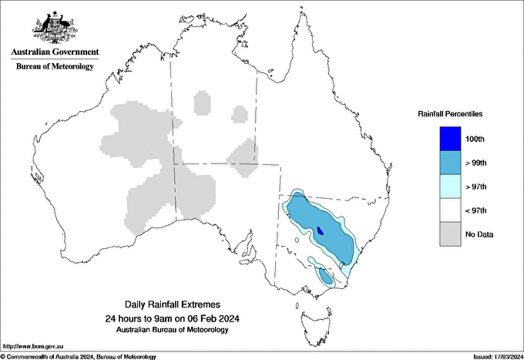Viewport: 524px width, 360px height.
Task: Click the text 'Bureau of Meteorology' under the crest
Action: tap(55, 66)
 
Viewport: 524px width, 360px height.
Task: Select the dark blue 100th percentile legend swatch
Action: tap(450, 139)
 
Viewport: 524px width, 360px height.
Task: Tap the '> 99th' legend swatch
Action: tap(450, 163)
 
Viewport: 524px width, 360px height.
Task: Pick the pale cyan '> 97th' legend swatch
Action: tap(450, 187)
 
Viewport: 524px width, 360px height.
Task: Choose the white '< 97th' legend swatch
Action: tap(450, 210)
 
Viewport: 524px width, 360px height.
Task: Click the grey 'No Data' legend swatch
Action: tap(450, 234)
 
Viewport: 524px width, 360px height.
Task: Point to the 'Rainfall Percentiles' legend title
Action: tap(450, 113)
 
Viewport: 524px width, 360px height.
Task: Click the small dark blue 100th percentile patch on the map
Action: tap(320, 230)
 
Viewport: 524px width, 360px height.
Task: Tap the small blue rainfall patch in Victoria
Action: tap(325, 277)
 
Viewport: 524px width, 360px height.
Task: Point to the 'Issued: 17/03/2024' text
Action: tap(494, 356)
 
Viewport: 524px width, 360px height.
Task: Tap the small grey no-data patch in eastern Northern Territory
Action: tap(240, 115)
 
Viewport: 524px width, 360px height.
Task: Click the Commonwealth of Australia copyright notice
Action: tap(79, 356)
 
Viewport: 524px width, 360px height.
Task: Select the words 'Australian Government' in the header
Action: tap(55, 52)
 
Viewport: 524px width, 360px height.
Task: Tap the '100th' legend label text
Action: tap(475, 140)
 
